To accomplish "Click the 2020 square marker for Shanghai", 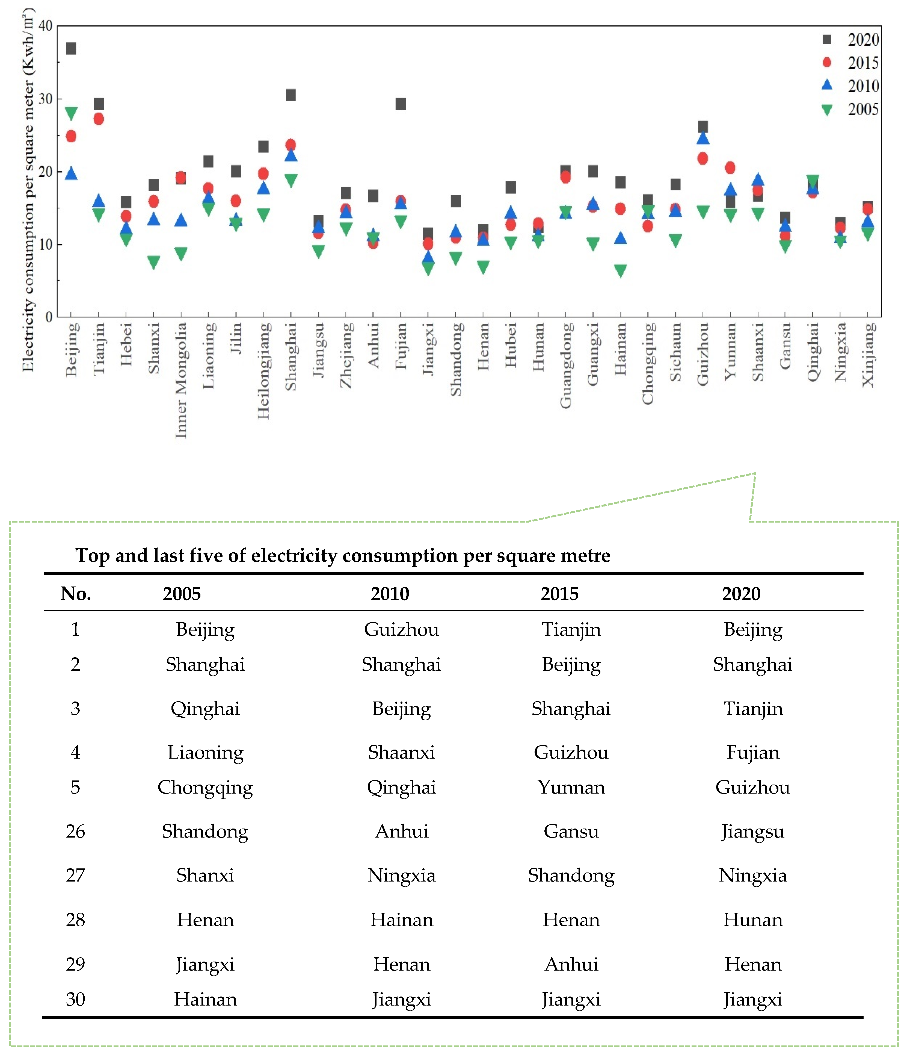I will coord(291,95).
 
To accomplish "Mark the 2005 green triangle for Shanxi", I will coord(154,262).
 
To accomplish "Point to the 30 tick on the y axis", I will coord(46,99).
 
